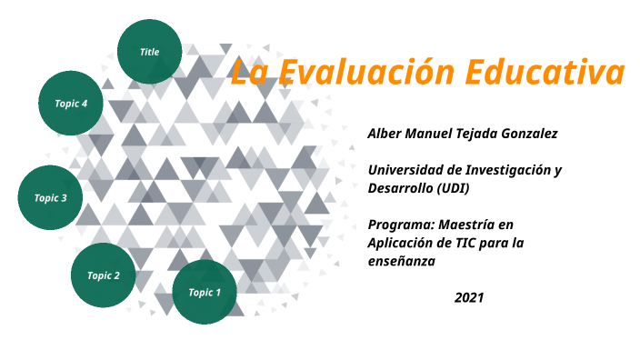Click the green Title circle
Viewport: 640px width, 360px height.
(149, 52)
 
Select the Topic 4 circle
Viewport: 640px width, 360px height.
(71, 104)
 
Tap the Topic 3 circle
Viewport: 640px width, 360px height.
(51, 197)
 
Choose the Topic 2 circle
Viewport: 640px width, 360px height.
(104, 275)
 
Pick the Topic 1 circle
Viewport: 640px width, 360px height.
(205, 292)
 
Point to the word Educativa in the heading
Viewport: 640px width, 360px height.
(545, 72)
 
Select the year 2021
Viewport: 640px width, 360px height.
(469, 297)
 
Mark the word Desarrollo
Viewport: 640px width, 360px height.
(399, 188)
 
